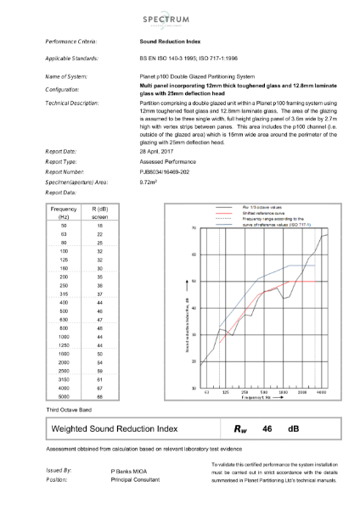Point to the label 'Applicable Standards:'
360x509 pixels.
[72, 58]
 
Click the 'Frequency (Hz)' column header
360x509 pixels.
[64, 211]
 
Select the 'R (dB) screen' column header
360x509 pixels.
[98, 211]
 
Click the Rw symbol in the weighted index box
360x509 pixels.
[243, 429]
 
